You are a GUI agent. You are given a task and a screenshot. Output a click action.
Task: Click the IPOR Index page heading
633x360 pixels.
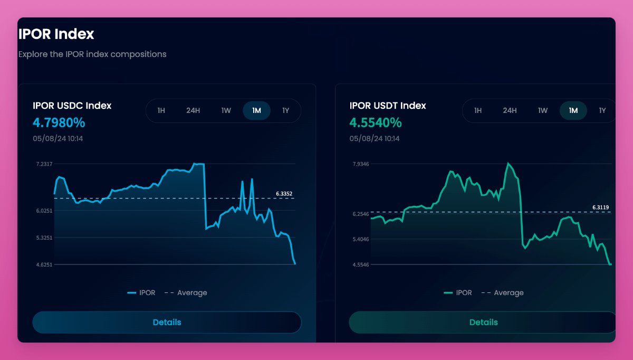coord(56,34)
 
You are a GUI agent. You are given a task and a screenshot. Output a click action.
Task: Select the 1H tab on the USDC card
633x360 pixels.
coord(161,111)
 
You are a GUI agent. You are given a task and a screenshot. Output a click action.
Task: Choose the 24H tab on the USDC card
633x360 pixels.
coord(193,111)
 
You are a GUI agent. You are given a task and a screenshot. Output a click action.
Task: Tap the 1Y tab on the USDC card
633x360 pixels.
coord(285,111)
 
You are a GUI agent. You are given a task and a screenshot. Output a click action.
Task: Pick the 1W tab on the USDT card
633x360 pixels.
coord(543,111)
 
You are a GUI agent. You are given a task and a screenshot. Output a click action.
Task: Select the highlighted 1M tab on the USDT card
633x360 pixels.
coord(573,111)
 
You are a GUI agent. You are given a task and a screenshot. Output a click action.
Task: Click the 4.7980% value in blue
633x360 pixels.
coord(59,123)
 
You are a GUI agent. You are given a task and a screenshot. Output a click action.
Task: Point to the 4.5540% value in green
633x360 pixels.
coord(376,123)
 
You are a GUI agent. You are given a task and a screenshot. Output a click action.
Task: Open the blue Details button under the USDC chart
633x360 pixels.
coord(167,323)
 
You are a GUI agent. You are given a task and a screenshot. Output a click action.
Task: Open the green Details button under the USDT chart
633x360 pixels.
coord(483,323)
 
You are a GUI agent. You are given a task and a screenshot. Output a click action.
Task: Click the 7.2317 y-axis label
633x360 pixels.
coord(44,164)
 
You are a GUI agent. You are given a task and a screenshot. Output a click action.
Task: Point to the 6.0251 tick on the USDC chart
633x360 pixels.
coord(44,211)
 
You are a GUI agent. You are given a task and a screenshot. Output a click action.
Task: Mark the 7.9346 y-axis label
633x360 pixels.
coord(361,164)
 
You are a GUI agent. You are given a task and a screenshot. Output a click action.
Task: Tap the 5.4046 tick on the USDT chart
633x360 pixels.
coord(361,240)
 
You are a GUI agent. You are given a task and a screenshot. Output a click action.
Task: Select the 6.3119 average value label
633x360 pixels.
coord(600,207)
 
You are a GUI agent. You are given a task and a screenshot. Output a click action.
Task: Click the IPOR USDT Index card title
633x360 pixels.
coord(388,106)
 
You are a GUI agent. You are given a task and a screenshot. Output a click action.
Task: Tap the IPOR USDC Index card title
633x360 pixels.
coord(72,106)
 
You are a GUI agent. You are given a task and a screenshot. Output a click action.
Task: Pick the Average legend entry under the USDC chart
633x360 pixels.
coord(191,293)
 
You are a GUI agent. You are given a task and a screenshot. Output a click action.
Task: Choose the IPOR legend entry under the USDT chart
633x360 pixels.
coord(464,293)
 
